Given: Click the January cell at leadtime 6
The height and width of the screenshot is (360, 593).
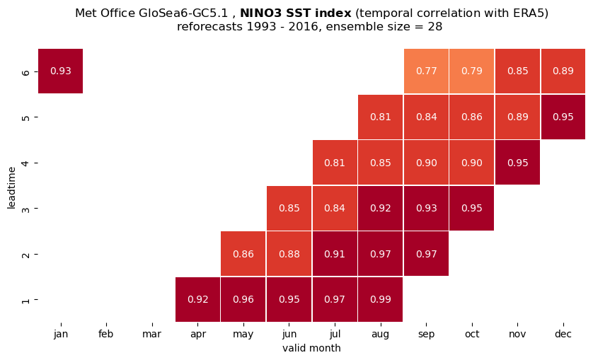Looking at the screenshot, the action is [x=61, y=71].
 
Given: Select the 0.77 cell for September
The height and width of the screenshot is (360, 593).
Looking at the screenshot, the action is [x=426, y=71].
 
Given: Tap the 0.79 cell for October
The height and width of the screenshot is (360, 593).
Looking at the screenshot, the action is [x=471, y=71].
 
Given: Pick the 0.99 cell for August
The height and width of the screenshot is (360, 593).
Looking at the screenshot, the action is [x=381, y=299].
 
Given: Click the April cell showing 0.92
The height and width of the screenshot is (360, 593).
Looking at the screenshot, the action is [x=198, y=299].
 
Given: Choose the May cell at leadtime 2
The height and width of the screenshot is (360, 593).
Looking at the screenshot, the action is [x=243, y=254].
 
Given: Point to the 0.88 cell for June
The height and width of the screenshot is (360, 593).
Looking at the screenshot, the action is [x=289, y=254].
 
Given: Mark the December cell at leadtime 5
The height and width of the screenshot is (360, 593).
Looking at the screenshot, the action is [x=563, y=117].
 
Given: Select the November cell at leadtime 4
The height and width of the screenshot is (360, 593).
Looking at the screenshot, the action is [x=517, y=163].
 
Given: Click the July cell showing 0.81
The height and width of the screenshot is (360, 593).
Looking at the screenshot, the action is [x=335, y=163].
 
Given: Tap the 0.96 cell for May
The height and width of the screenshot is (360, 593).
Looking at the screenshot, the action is [x=243, y=299].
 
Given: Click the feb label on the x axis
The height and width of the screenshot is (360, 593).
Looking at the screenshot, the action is [x=106, y=335].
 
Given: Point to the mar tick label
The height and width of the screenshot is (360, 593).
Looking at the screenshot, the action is [x=151, y=335].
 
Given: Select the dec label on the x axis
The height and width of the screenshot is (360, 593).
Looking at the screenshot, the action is [x=563, y=335].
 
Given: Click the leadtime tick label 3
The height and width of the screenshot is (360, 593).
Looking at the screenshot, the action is [x=25, y=209].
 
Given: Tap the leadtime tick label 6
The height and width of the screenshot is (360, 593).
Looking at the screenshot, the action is [x=25, y=71].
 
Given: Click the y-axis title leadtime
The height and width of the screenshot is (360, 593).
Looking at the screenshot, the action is [x=12, y=187].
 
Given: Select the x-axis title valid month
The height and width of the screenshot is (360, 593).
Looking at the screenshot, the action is [x=311, y=348].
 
